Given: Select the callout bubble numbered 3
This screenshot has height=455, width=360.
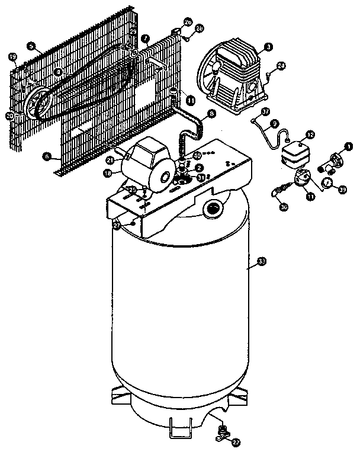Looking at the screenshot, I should click(268, 46).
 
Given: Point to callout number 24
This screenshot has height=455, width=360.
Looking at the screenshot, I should click(281, 65).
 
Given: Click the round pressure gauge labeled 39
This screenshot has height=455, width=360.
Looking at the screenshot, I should click(326, 182).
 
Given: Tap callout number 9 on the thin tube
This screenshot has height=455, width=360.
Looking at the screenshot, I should click(274, 124).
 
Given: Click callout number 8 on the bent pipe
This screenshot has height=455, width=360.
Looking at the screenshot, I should click(211, 113).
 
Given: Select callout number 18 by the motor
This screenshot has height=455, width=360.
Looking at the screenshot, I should click(108, 173).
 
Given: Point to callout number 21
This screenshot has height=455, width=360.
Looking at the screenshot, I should click(110, 160).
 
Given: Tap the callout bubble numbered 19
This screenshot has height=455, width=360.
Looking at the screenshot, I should click(12, 57).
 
